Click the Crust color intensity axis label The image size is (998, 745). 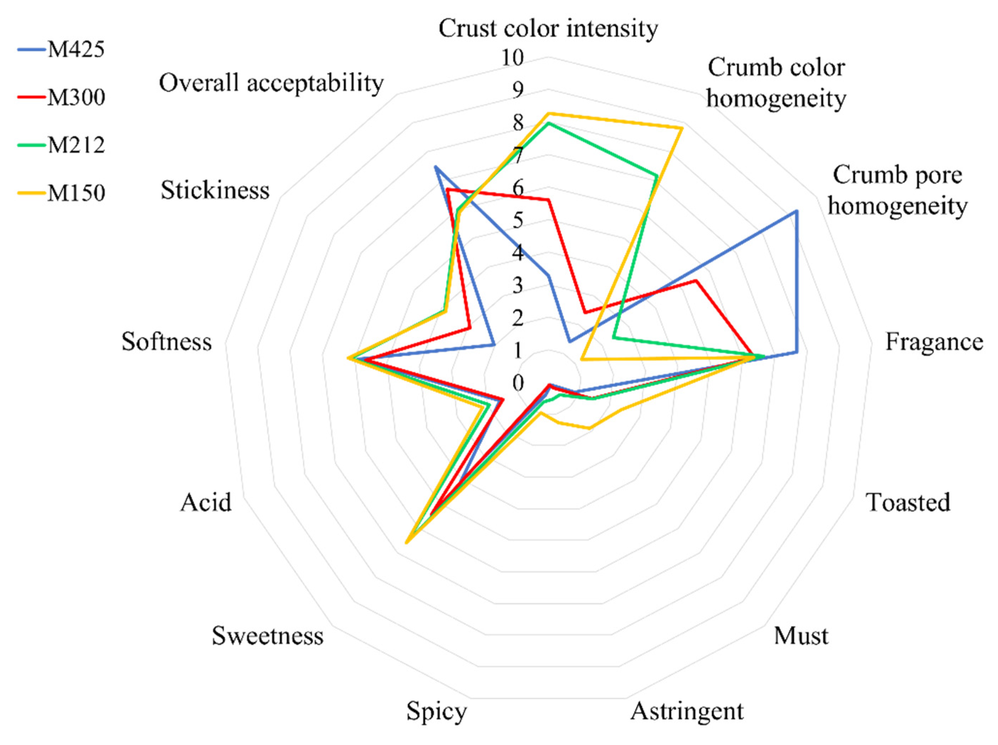click(x=548, y=28)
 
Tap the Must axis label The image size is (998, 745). click(x=801, y=636)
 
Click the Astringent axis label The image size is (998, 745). click(x=687, y=711)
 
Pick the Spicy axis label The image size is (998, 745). click(x=436, y=712)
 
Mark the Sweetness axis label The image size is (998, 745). click(x=267, y=636)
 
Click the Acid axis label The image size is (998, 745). click(x=206, y=502)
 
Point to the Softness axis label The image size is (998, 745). click(x=167, y=342)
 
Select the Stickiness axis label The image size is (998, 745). click(x=215, y=190)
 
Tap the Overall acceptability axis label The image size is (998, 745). click(x=271, y=83)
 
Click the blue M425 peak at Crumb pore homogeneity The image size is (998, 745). click(x=797, y=211)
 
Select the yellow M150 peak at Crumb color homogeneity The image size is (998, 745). click(x=682, y=128)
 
